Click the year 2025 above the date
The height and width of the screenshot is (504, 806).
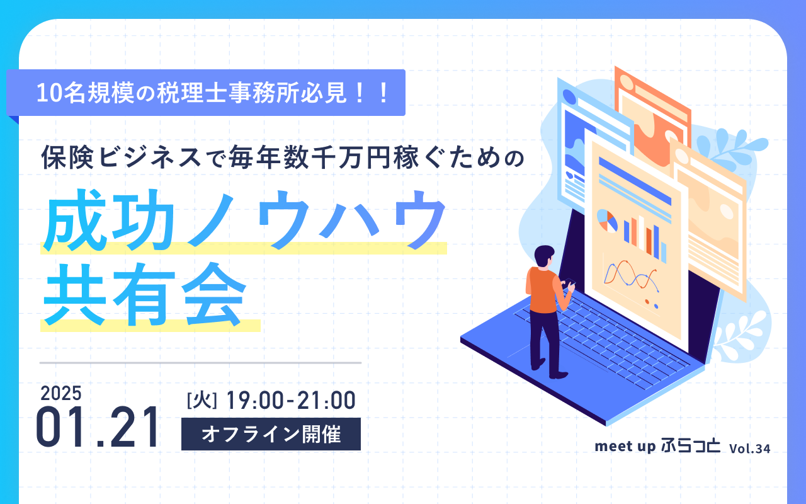61,393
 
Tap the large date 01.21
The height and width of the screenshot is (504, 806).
97,427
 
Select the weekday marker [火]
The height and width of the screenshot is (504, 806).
202,400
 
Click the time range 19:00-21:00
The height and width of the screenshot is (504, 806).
291,400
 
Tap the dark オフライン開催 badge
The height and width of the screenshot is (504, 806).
271,434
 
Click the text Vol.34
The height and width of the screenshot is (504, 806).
749,449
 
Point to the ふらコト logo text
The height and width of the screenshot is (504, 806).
691,445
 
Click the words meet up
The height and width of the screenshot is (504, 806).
625,447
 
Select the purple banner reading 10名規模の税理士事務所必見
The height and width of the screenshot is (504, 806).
206,93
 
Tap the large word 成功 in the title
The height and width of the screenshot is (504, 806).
109,220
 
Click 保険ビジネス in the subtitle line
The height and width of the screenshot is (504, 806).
121,157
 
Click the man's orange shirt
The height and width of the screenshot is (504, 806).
543,290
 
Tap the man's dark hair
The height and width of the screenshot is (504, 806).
543,255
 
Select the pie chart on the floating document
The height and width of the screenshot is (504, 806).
607,220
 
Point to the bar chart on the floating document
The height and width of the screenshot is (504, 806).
644,238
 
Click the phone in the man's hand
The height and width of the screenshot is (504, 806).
570,282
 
